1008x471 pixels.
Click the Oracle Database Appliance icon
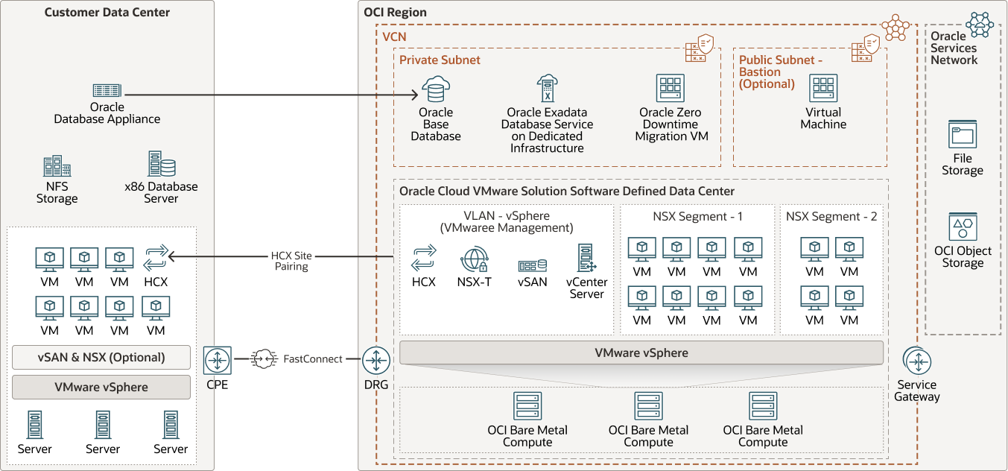click(x=107, y=90)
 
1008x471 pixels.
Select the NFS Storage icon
click(x=57, y=167)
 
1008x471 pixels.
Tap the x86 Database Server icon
click(x=161, y=164)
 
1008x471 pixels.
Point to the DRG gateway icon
click(x=375, y=361)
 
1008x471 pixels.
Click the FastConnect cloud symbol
click(x=264, y=359)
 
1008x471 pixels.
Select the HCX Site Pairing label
click(x=291, y=261)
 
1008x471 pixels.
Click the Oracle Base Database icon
click(x=436, y=89)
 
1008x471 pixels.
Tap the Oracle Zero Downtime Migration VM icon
click(x=669, y=89)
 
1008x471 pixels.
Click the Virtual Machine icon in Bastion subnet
click(x=823, y=89)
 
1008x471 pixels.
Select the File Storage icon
click(x=963, y=135)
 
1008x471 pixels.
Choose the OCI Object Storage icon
click(x=963, y=227)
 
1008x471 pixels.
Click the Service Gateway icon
click(x=917, y=361)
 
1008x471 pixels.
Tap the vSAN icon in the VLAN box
click(x=533, y=265)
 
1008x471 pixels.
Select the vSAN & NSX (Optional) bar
click(x=101, y=357)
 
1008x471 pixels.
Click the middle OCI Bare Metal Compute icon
click(x=648, y=406)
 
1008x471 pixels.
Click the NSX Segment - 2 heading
click(x=831, y=217)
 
